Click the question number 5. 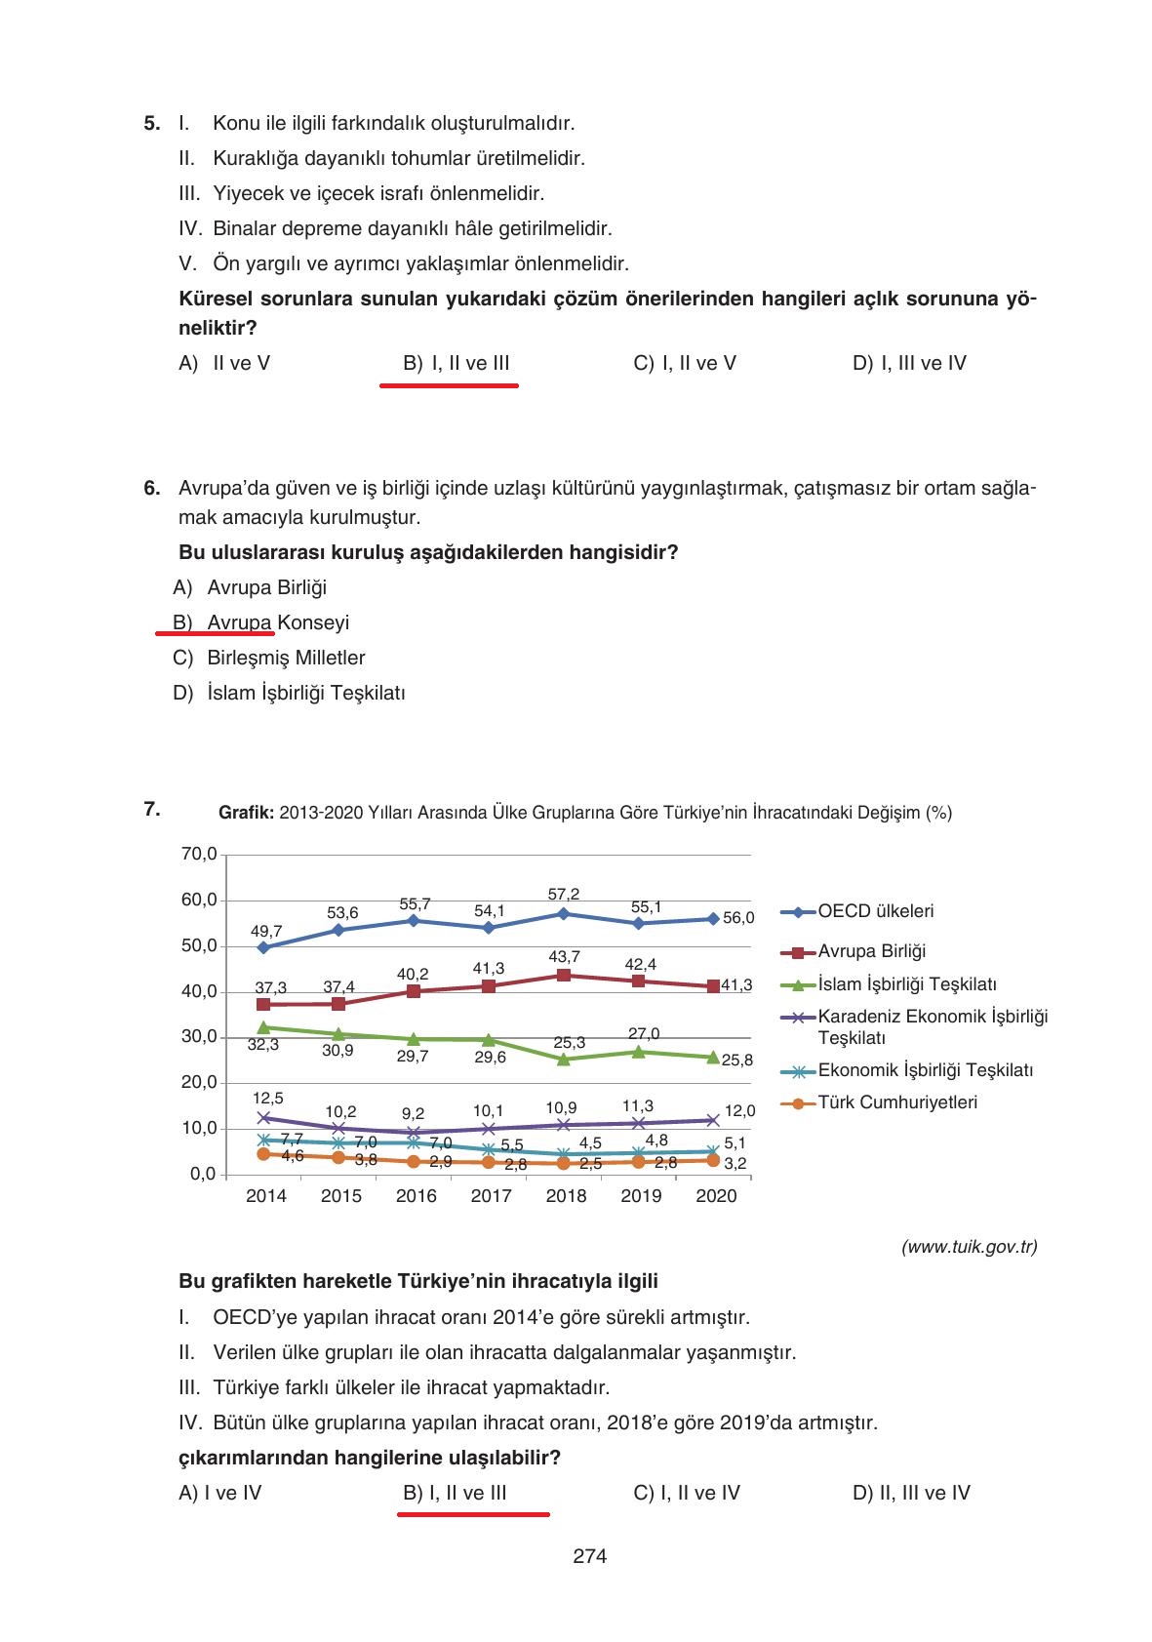151,124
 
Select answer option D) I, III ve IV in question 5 908,364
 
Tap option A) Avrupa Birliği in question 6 250,587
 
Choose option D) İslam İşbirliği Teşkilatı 289,693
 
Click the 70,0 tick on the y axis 199,855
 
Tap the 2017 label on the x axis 491,1196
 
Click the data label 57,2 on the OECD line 563,894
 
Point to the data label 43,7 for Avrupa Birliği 564,956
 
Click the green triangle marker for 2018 564,1059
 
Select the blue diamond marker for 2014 263,947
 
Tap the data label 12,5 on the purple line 267,1099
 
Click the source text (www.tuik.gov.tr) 969,1247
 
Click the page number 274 589,1556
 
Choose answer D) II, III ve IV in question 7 910,1493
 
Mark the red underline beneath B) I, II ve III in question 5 449,385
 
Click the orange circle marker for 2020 713,1160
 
